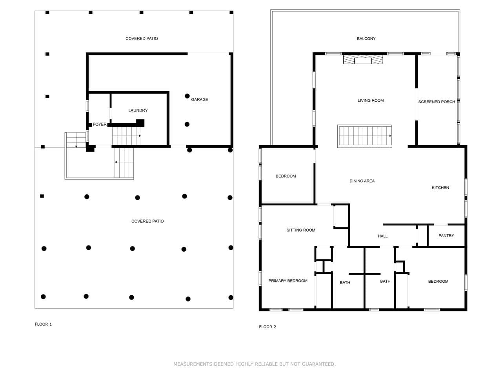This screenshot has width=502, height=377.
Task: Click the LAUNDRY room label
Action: tap(138, 110)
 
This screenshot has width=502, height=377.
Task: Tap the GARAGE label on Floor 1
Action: tap(200, 99)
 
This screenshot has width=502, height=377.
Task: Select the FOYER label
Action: tap(100, 124)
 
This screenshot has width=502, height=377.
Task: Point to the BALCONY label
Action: tap(366, 39)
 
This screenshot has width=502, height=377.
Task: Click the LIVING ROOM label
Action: tap(371, 101)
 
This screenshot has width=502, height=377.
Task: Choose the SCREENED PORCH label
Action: tap(437, 102)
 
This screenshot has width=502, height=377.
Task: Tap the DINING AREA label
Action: tap(362, 181)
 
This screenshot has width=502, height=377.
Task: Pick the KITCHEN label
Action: tap(440, 188)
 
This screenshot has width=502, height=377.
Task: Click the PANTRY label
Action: tap(446, 236)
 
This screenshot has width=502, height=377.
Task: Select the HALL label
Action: tap(383, 236)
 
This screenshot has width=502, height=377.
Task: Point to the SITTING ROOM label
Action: tap(301, 230)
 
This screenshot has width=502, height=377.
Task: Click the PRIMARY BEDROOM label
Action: tap(288, 281)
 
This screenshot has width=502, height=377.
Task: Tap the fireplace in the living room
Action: tap(363, 59)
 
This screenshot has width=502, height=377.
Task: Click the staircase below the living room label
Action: tap(365, 136)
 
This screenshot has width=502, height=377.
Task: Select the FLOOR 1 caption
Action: tap(43, 324)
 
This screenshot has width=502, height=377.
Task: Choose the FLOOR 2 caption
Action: tap(267, 327)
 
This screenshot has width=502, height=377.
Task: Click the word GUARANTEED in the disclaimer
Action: tap(318, 364)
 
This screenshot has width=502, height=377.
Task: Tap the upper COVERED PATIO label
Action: tap(142, 39)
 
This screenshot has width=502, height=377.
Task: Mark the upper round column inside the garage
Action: tap(187, 96)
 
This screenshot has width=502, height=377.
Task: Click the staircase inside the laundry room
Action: tap(126, 136)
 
